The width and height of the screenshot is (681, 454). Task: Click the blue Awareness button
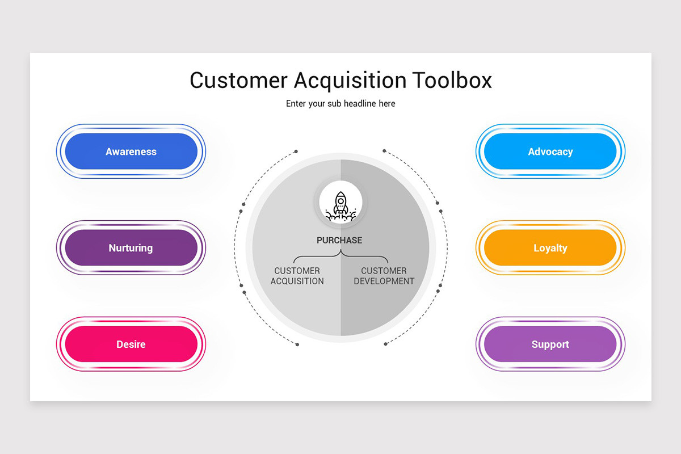point(131,151)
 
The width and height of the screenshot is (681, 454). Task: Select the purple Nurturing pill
point(131,247)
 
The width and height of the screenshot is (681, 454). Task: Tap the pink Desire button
point(131,344)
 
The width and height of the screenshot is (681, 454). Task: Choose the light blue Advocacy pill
point(550,151)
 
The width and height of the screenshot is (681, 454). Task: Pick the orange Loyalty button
point(550,247)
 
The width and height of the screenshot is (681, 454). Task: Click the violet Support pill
point(550,344)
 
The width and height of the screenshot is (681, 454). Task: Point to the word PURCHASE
point(339,240)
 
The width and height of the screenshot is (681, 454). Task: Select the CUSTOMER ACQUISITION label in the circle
point(297,276)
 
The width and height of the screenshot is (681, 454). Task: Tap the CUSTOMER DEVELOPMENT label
point(384,276)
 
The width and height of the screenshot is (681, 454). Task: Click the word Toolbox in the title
point(452,80)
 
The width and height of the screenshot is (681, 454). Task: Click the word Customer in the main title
point(238,80)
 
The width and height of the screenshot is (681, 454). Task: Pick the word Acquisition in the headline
point(350,81)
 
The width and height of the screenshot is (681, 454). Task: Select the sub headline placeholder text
point(340,104)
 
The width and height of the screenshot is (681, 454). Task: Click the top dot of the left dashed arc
point(296,151)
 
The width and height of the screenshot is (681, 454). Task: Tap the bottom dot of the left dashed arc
point(297,344)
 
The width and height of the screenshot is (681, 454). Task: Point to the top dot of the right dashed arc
point(384,150)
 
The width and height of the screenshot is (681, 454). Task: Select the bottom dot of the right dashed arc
point(385,344)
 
